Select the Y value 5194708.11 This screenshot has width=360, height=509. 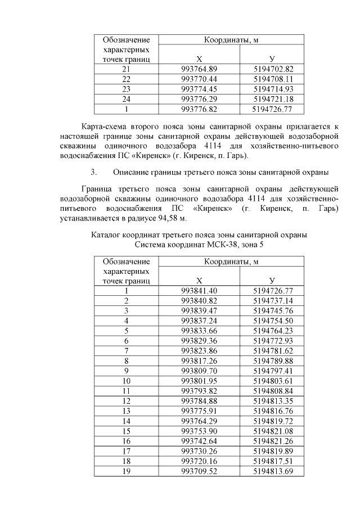(x=273, y=79)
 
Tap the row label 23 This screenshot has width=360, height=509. (x=127, y=89)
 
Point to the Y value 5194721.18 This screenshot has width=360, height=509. (x=273, y=99)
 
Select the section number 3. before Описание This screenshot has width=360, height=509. (x=94, y=172)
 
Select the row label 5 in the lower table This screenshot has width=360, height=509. (x=127, y=331)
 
